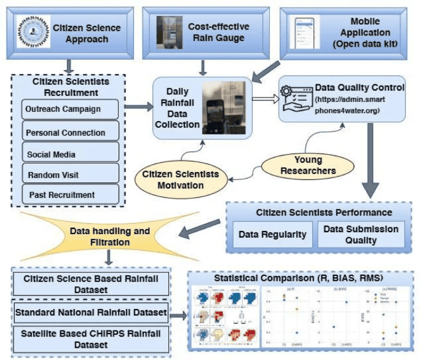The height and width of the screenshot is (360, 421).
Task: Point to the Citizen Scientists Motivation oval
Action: [x=181, y=179]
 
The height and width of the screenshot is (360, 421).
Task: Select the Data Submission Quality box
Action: [x=361, y=234]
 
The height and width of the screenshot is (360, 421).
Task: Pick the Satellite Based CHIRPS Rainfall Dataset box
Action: [x=91, y=340]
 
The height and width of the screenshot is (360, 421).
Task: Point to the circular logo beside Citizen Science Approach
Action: [x=31, y=31]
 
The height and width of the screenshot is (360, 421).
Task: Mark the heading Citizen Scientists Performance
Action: [x=324, y=213]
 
